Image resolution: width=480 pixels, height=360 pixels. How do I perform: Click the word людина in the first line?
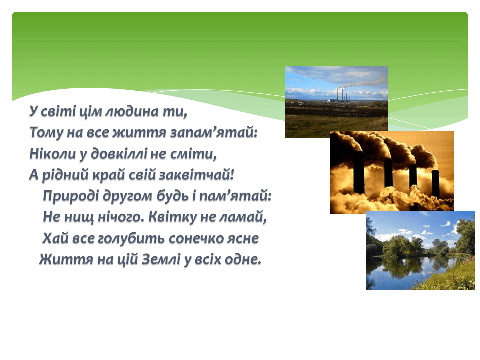132,111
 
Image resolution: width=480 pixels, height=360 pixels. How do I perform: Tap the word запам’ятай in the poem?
214,132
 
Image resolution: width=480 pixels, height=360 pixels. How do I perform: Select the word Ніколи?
52,153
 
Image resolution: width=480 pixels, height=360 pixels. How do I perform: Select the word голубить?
131,238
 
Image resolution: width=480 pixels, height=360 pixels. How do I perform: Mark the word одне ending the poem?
243,260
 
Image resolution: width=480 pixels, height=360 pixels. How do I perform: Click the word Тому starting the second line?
46,132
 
